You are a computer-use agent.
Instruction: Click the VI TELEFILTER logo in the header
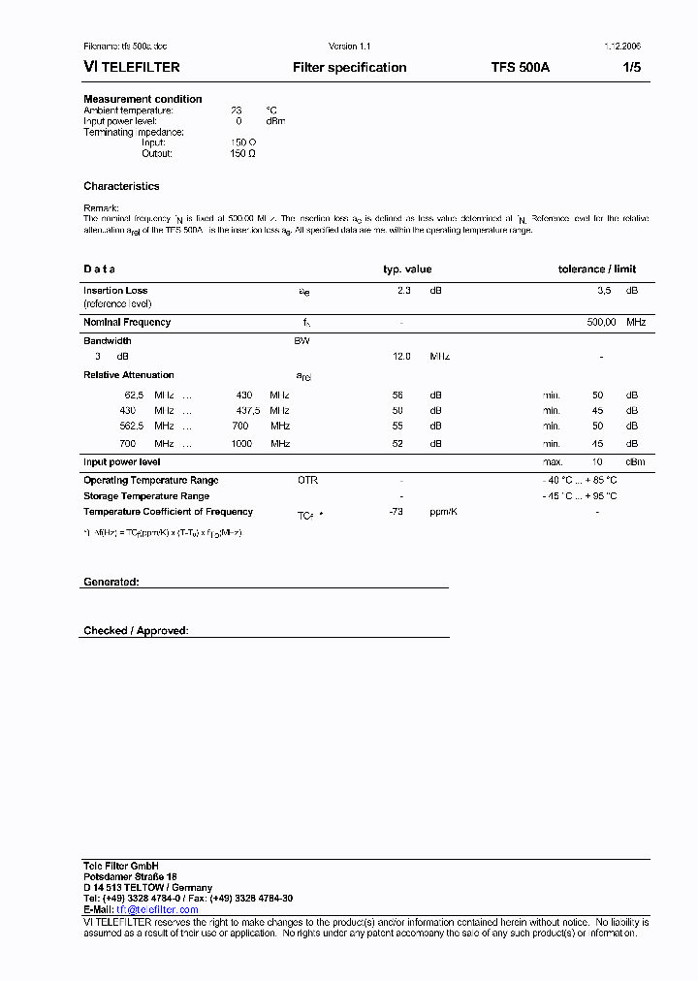(131, 68)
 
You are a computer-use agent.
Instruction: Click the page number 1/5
(631, 68)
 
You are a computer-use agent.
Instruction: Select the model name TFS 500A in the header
(521, 68)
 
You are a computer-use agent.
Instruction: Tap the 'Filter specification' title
(350, 68)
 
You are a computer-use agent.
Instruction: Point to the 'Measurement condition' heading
(143, 99)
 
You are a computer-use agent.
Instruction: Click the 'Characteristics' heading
(121, 186)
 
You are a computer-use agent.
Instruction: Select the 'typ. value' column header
(407, 269)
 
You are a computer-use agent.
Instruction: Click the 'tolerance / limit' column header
(597, 269)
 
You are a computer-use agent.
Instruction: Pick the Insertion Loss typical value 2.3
(404, 290)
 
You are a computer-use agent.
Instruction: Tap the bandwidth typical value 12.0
(401, 357)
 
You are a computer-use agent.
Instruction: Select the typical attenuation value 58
(397, 395)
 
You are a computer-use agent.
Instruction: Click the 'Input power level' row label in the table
(122, 462)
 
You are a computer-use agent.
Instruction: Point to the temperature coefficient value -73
(396, 511)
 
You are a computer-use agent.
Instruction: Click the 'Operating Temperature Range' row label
(150, 480)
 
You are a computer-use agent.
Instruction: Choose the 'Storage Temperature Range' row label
(146, 495)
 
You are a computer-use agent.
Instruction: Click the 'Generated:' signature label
(111, 582)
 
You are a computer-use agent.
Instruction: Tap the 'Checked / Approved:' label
(136, 631)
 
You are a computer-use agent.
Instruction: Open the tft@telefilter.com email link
(157, 909)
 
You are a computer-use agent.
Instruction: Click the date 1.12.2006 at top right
(621, 47)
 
